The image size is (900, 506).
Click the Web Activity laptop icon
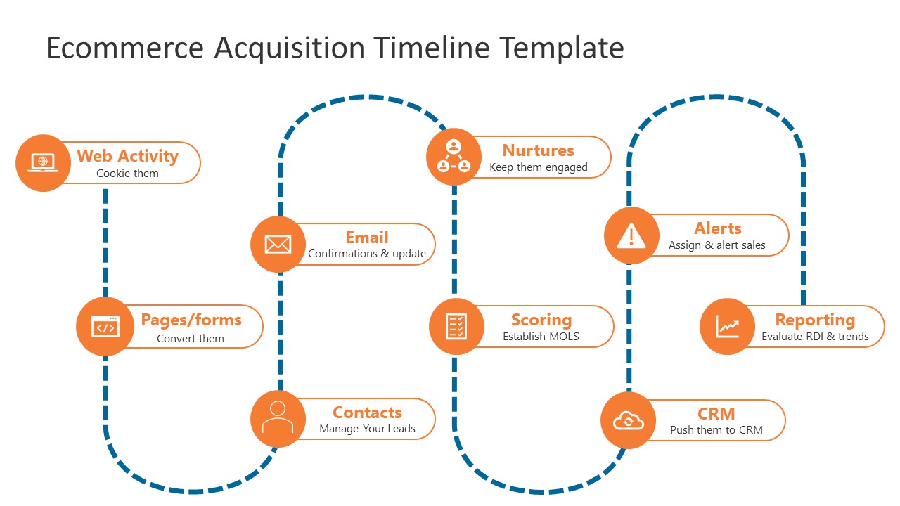[x=43, y=162]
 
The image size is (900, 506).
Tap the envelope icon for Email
[x=278, y=244]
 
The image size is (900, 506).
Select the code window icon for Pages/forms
[x=105, y=326]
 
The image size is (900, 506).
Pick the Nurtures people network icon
[x=454, y=157]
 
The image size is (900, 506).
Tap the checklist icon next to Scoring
[x=456, y=326]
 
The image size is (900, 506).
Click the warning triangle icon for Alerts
[x=631, y=236]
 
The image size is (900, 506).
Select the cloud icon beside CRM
[x=628, y=420]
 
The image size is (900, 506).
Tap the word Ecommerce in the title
[x=125, y=48]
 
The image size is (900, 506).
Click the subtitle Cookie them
[x=127, y=174]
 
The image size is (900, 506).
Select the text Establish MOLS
[x=541, y=337]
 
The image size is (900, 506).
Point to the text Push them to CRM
[x=716, y=430]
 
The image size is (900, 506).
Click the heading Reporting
[x=815, y=320]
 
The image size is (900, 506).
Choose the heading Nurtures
[x=538, y=150]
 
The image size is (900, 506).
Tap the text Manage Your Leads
[x=367, y=429]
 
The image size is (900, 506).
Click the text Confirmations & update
[x=367, y=254]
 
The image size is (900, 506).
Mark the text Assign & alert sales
[x=716, y=245]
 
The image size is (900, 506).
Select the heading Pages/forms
[x=191, y=320]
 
